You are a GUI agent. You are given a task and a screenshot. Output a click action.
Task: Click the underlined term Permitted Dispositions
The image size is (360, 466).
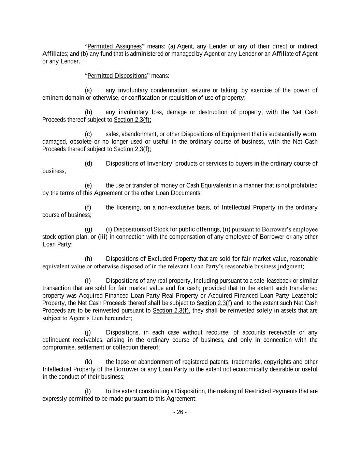pos(117,75)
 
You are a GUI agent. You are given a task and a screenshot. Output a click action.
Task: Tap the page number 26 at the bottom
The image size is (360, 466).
pos(180,412)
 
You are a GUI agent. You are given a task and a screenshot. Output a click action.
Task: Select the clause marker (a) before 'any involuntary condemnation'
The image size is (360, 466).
pos(88,90)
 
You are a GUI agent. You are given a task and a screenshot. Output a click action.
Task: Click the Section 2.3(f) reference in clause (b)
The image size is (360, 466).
pos(132,119)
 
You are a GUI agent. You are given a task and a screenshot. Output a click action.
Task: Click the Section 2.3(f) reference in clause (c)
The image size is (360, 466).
pos(132,149)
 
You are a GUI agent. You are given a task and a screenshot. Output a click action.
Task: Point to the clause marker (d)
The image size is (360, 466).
pos(88,164)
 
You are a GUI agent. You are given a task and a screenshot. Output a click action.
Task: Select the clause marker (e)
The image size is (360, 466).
pos(88,185)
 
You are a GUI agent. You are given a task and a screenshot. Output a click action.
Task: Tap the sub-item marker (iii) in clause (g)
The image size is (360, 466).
pos(103,237)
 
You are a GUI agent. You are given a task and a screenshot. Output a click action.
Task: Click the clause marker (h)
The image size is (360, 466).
pos(88,258)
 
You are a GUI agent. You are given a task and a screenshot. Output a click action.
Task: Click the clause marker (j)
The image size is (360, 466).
pos(88,332)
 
